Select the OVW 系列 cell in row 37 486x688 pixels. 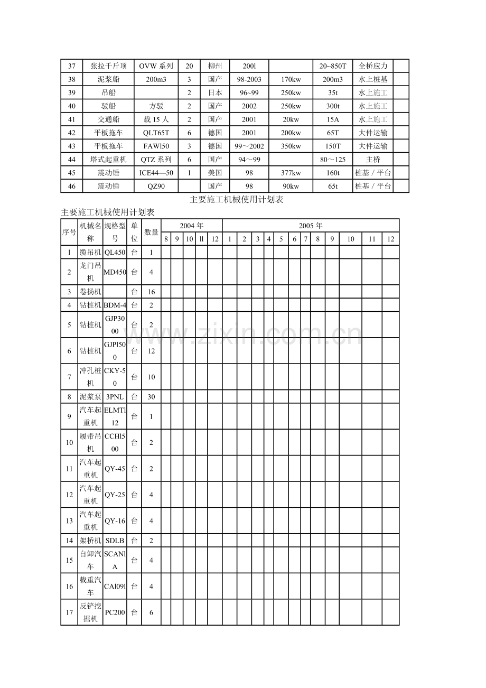pos(156,66)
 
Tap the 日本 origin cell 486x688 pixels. pos(215,92)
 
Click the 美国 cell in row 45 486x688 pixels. pos(215,173)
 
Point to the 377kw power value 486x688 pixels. pos(291,173)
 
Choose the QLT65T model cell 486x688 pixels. pos(156,133)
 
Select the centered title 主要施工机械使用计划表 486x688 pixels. pos(237,200)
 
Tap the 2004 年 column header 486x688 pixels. pos(191,226)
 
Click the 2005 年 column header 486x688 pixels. pos(311,226)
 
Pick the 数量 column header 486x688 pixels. pos(151,232)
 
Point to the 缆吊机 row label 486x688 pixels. pos(90,253)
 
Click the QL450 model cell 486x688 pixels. pos(115,253)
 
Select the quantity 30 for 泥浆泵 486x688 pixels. pos(151,397)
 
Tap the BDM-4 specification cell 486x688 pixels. pos(115,305)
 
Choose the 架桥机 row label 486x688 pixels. pos(90,541)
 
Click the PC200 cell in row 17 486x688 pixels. pos(115,612)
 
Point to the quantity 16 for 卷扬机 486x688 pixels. pos(151,292)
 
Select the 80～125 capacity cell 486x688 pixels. pos(333,159)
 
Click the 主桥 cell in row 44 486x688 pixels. pos(373,159)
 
